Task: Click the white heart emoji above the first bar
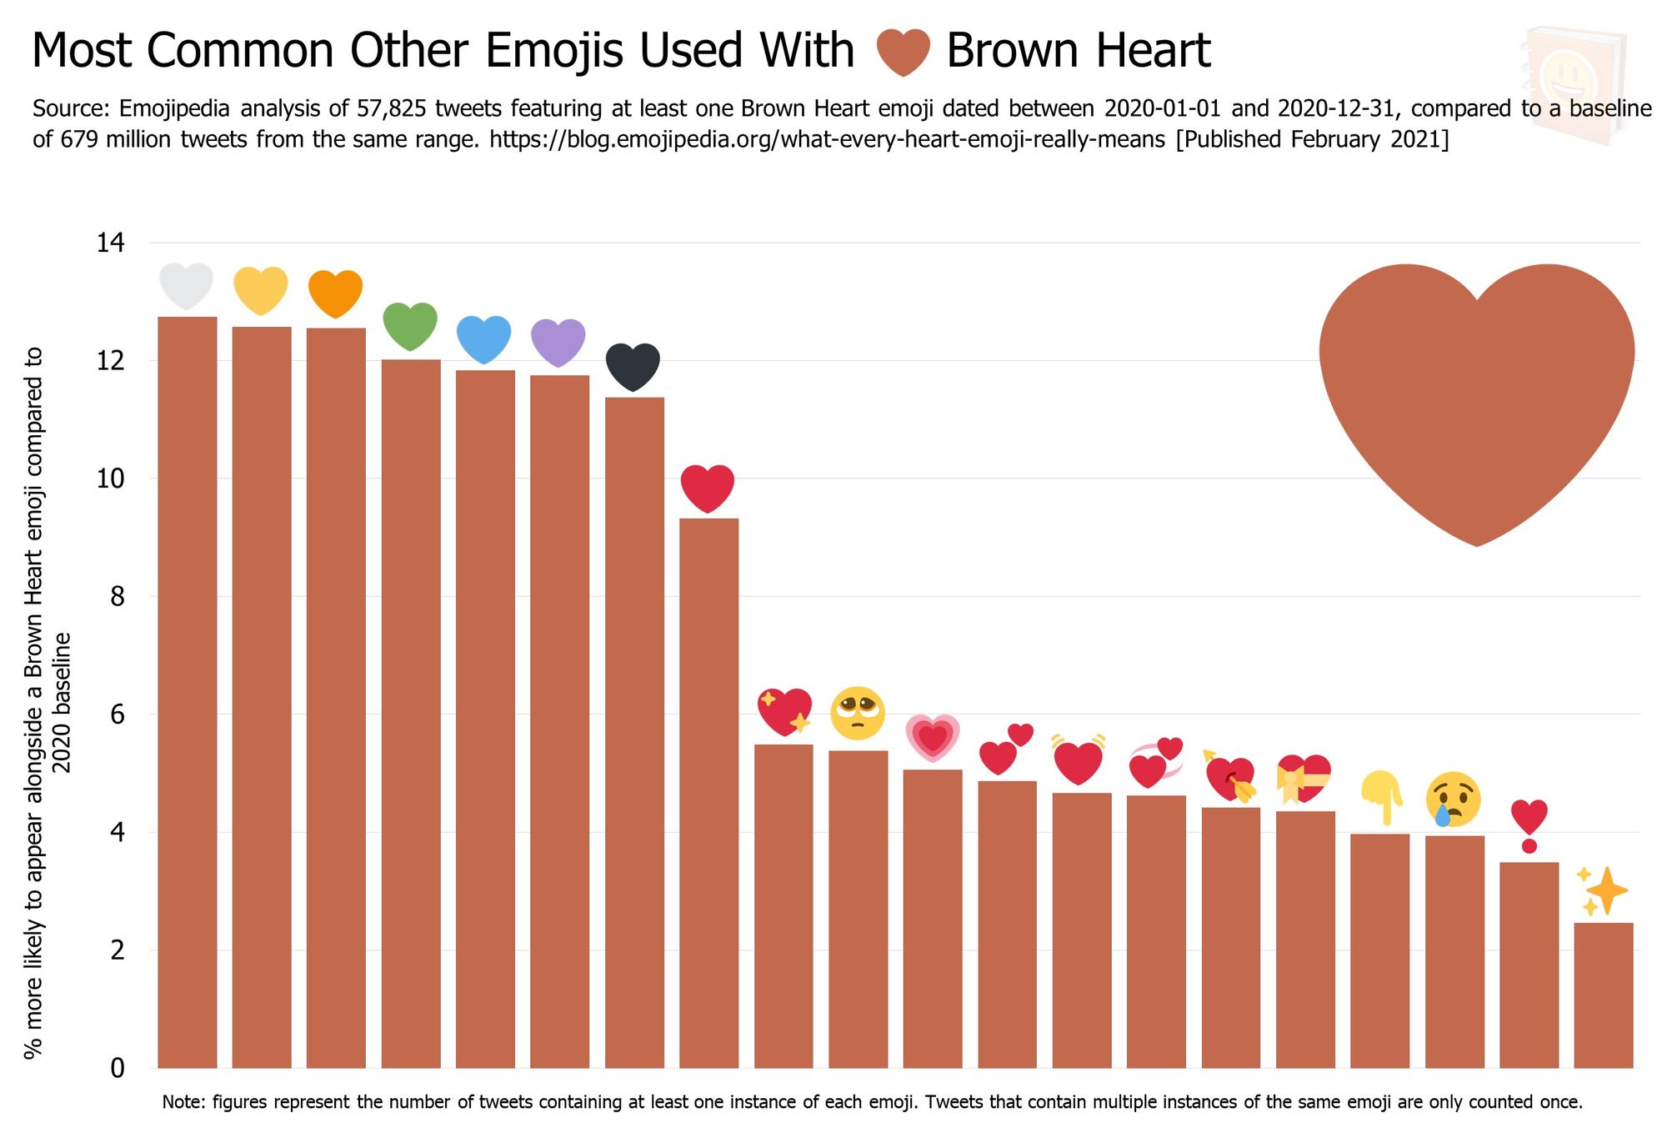pyautogui.click(x=187, y=286)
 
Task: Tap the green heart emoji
pyautogui.click(x=410, y=325)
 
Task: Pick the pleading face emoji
pyautogui.click(x=857, y=713)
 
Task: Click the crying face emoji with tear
pyautogui.click(x=1454, y=799)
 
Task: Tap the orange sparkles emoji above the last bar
pyautogui.click(x=1602, y=890)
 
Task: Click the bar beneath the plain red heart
pyautogui.click(x=708, y=792)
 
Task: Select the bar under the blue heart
pyautogui.click(x=485, y=717)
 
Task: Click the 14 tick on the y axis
pyautogui.click(x=110, y=243)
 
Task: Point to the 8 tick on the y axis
pyautogui.click(x=117, y=597)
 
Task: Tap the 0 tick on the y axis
pyautogui.click(x=117, y=1068)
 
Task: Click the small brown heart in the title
pyautogui.click(x=903, y=52)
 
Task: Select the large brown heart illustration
pyautogui.click(x=1476, y=400)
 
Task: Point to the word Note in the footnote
pyautogui.click(x=182, y=1102)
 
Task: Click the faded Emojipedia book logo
pyautogui.click(x=1573, y=83)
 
